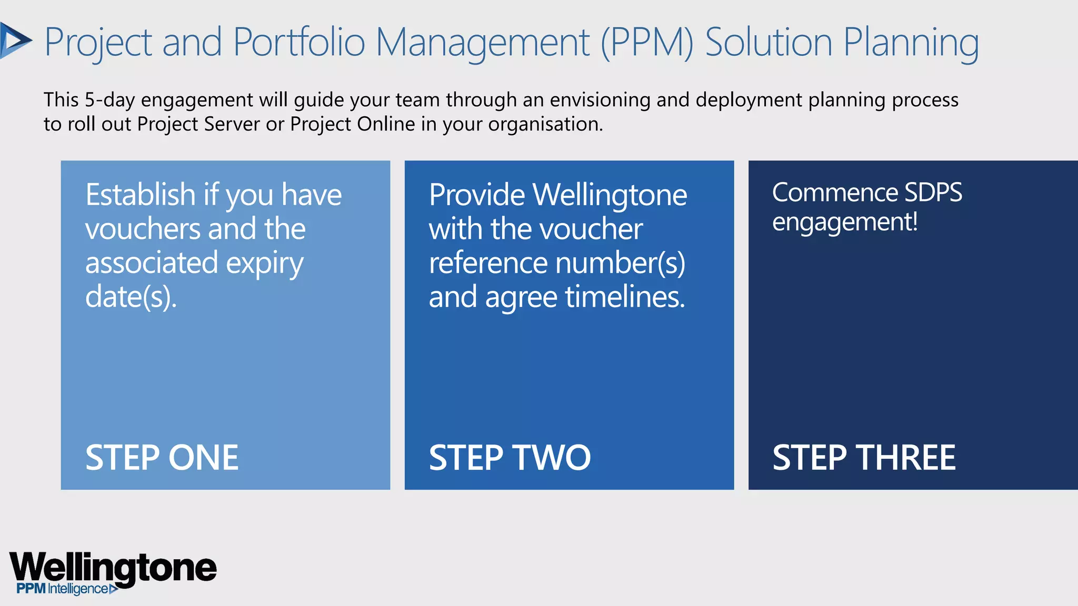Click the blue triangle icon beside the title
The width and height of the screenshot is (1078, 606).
click(x=15, y=41)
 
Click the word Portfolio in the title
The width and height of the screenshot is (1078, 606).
click(x=298, y=42)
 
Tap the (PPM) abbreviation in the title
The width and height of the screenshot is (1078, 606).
click(x=647, y=42)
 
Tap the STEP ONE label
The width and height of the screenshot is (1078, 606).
click(x=162, y=457)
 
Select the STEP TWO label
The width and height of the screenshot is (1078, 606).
click(x=510, y=457)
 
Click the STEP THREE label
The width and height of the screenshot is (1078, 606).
click(x=864, y=457)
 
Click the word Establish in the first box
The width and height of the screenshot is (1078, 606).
click(x=141, y=195)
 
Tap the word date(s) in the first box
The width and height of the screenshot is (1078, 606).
click(x=131, y=297)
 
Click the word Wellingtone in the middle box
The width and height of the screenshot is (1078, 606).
click(x=610, y=196)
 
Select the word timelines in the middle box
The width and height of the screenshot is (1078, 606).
click(x=625, y=297)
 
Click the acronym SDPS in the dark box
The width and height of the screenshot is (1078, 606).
click(x=933, y=193)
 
